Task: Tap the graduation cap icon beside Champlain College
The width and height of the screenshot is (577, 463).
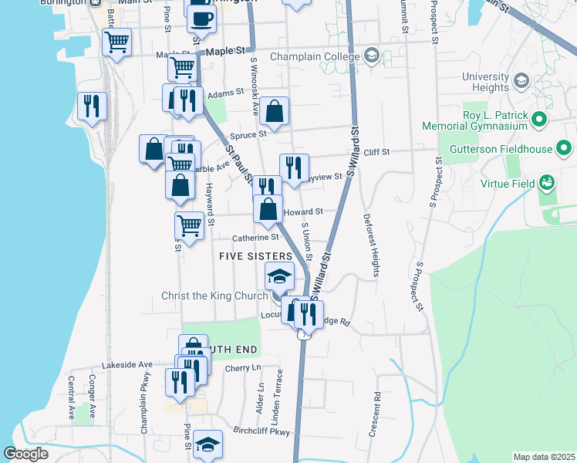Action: [372, 56]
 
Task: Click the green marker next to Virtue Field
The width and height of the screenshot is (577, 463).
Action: [547, 183]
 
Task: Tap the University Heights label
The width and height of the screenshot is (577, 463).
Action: [486, 83]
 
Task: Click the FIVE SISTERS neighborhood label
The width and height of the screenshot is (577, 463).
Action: [255, 255]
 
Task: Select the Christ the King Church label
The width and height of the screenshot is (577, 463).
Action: [214, 296]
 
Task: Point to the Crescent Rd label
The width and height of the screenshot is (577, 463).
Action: [376, 416]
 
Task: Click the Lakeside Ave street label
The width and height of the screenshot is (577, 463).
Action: [127, 364]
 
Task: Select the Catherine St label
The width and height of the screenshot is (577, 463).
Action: [251, 238]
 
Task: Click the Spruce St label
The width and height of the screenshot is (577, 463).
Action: [249, 133]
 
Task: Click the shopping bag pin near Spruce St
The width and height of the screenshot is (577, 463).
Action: [274, 111]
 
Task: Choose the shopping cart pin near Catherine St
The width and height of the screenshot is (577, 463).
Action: [189, 225]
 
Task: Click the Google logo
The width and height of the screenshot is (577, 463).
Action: [26, 455]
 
